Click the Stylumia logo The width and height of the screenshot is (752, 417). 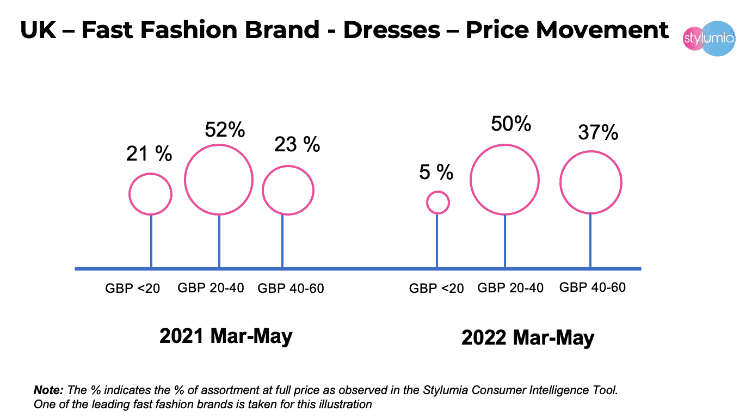tap(708, 39)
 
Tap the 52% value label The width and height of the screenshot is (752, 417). tap(225, 131)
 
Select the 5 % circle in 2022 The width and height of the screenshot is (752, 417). tap(437, 203)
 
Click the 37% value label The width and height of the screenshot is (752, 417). tap(598, 132)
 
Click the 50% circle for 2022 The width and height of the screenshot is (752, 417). tap(504, 179)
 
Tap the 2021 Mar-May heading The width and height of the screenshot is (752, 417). tap(226, 336)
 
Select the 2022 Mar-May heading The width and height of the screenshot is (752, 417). tap(528, 338)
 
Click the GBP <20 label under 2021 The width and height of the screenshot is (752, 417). tap(133, 289)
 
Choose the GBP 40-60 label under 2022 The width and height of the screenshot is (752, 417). tap(593, 287)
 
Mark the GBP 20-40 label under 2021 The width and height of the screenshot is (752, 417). tap(211, 287)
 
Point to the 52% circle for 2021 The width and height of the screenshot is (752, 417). tap(219, 179)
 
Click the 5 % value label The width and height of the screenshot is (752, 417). tap(436, 173)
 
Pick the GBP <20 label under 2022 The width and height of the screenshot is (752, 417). tap(436, 289)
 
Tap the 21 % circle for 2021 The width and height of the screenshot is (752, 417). tap(150, 194)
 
